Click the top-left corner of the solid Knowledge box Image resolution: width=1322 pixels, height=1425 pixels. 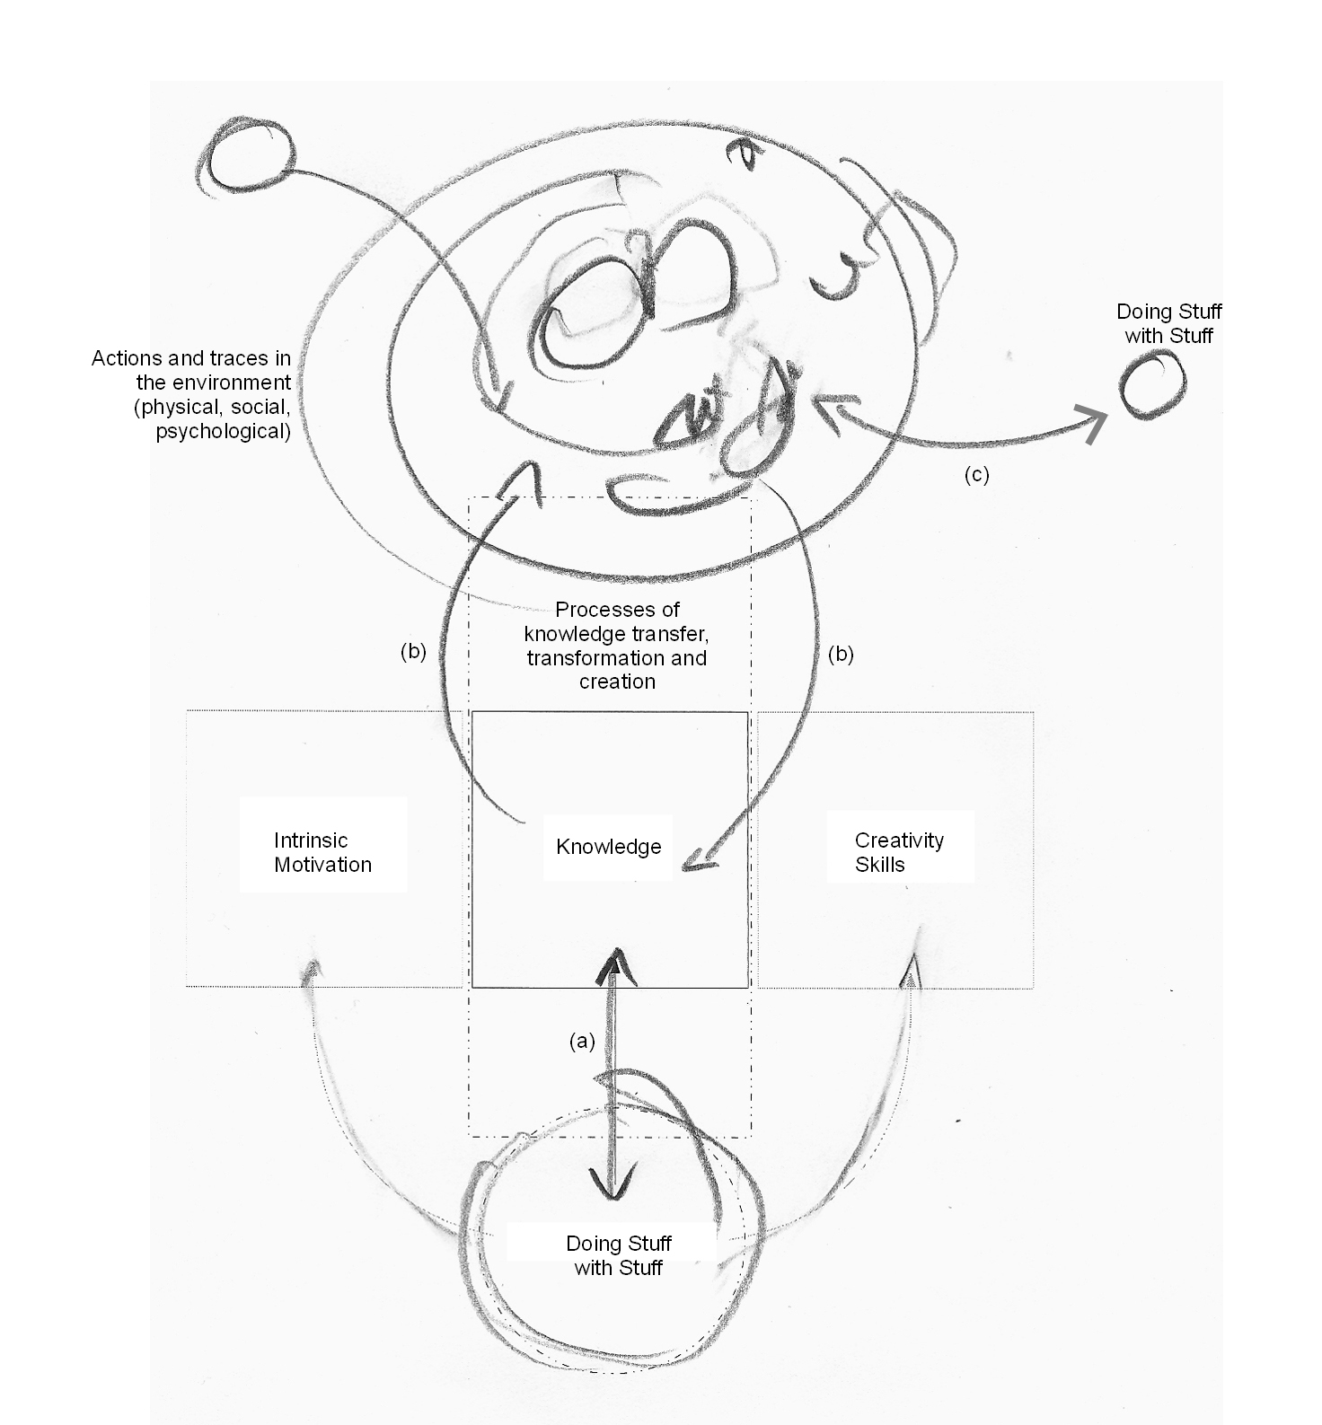(472, 712)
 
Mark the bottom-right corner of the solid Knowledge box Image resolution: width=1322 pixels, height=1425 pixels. (748, 988)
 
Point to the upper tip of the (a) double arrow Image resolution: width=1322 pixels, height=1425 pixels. (615, 950)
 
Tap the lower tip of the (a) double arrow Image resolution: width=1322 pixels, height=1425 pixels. (614, 1200)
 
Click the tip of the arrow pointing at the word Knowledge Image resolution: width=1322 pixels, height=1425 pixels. (683, 868)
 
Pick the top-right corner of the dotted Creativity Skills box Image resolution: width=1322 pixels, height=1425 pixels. (1034, 712)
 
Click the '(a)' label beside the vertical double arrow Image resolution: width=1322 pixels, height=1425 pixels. (582, 1041)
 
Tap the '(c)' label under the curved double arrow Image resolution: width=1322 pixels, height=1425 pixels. (976, 475)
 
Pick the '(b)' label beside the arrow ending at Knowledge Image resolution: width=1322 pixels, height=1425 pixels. (841, 654)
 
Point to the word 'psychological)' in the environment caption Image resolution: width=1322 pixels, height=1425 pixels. (224, 431)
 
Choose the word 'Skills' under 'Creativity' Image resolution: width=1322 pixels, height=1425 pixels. (880, 865)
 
